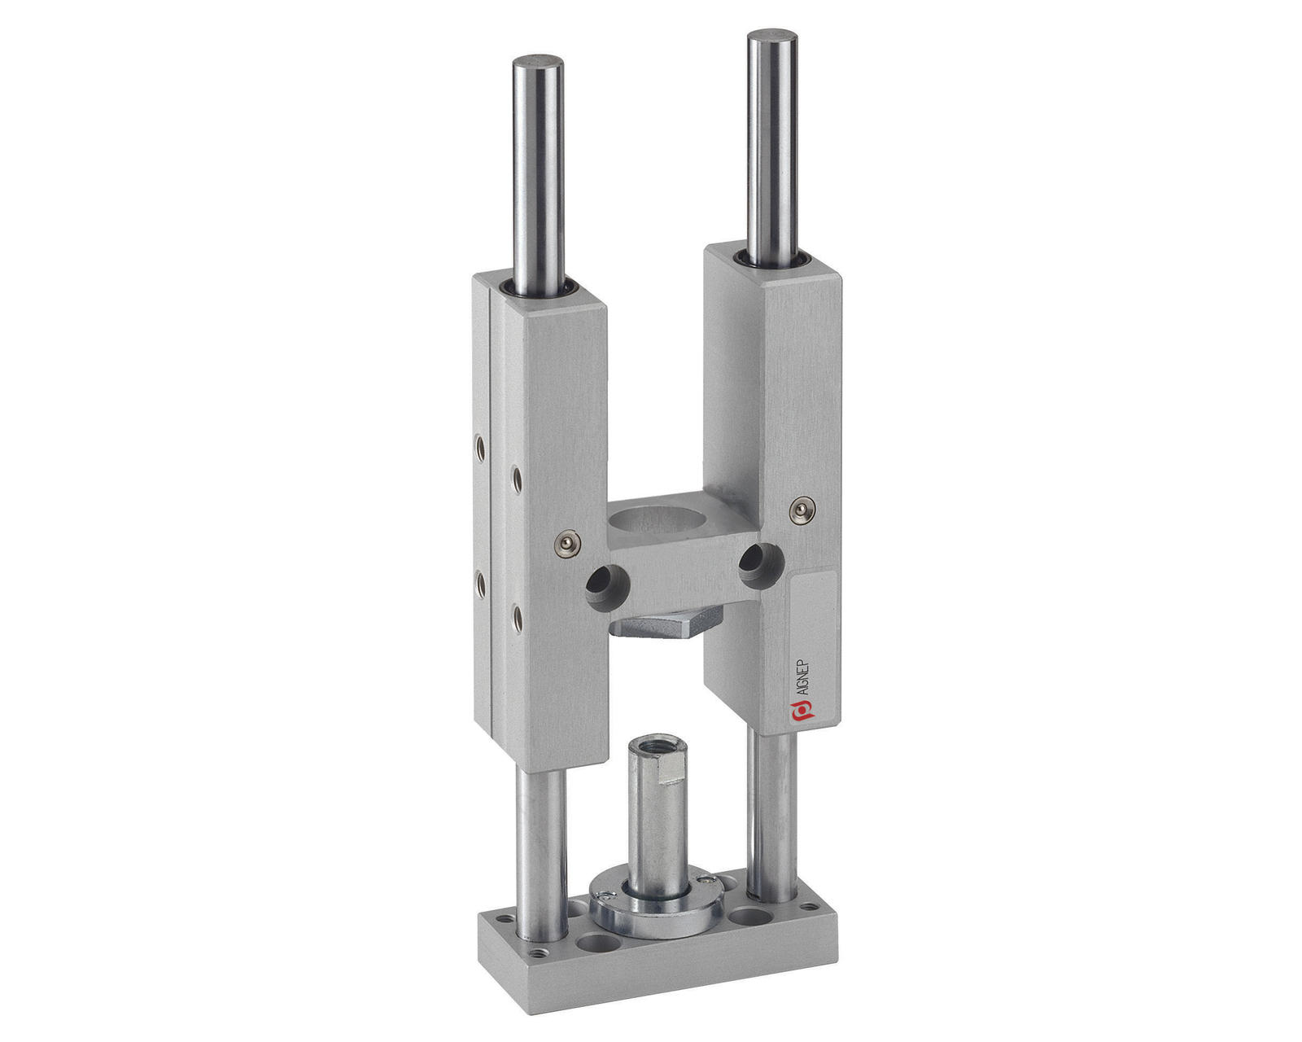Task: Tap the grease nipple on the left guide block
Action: pos(567,543)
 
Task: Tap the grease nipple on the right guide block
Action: pos(802,510)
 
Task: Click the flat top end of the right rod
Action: pos(772,34)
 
